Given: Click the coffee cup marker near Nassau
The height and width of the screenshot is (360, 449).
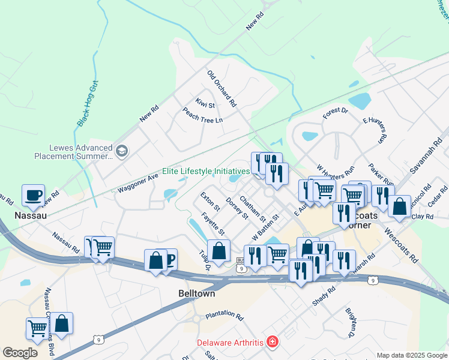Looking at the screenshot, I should pos(34,196).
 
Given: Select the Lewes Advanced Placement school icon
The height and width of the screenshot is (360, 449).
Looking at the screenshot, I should pos(122,150).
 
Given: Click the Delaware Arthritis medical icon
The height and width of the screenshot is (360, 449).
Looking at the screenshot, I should pos(273,343).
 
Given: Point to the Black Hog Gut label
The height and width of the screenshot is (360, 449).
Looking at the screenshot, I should pos(87,105).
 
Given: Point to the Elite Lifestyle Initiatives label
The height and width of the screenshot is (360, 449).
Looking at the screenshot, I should pos(206,171).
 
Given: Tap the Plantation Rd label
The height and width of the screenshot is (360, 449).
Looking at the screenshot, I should pos(224,316).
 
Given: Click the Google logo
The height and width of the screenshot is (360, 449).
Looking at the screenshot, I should pos(19,353).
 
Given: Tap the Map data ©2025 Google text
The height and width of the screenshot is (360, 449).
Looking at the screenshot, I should pos(411,355).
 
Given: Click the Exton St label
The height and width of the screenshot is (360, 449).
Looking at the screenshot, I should pos(208,197).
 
